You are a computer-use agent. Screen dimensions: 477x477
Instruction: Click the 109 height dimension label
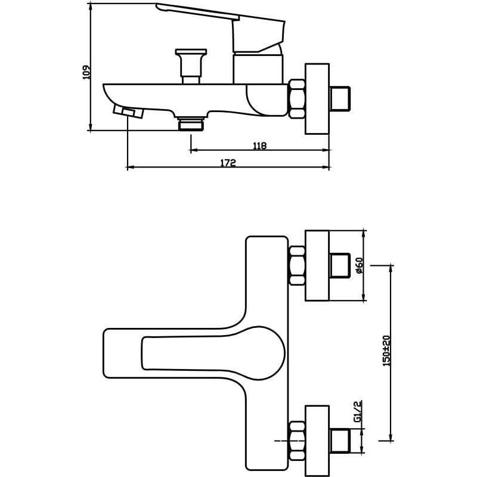[x=86, y=72]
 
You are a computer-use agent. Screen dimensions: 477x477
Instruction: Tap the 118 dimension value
[x=259, y=146]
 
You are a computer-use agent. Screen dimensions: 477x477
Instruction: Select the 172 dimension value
[x=228, y=163]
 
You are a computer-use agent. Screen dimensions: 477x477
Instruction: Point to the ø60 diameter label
[x=360, y=265]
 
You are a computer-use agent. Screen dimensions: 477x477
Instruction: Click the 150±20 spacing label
[x=386, y=351]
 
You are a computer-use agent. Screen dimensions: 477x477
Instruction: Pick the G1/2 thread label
[x=358, y=411]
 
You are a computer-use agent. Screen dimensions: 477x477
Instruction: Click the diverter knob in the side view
[x=191, y=66]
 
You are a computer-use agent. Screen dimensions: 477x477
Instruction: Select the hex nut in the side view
[x=296, y=99]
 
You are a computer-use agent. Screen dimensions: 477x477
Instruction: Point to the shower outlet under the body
[x=191, y=123]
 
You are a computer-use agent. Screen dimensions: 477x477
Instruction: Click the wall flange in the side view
[x=317, y=99]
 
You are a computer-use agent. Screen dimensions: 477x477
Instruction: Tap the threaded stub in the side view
[x=340, y=99]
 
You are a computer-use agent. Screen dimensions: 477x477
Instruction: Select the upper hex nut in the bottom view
[x=296, y=265]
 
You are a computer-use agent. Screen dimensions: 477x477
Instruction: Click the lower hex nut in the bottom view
[x=296, y=441]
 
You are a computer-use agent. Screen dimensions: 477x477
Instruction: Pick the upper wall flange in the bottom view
[x=317, y=265]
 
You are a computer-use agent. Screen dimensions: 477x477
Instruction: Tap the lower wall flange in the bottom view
[x=317, y=441]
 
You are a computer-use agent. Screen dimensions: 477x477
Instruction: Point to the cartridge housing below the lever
[x=258, y=69]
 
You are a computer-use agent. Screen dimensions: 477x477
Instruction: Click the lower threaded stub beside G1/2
[x=340, y=441]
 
